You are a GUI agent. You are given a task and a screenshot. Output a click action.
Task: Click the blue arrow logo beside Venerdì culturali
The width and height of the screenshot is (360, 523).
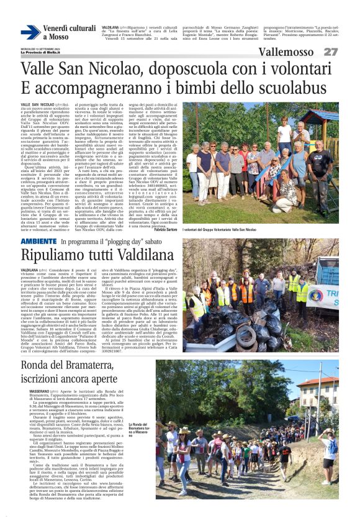[x=30, y=32]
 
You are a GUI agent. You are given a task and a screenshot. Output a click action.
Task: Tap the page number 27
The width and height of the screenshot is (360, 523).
[x=330, y=52]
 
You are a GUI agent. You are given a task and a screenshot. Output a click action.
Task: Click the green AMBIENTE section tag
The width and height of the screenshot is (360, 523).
[x=38, y=240]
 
